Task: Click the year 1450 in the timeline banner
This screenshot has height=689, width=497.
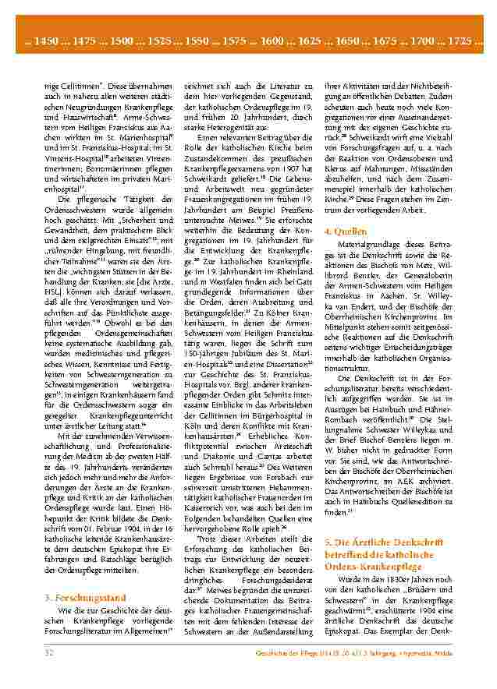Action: click(x=47, y=40)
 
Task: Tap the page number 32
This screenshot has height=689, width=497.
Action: click(x=49, y=651)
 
